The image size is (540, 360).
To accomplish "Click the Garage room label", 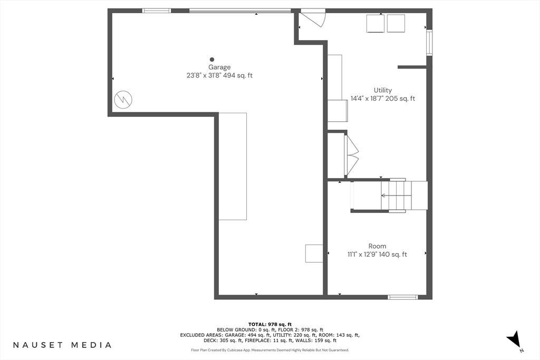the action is click(219, 67).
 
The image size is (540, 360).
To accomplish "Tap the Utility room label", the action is click(383, 90).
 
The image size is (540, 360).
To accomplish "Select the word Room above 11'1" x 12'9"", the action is click(377, 246).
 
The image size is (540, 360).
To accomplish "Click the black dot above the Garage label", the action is click(212, 60).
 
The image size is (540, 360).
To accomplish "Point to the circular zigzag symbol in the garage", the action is click(123, 100).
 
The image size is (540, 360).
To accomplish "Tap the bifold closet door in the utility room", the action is click(351, 155).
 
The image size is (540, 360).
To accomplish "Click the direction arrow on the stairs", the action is click(396, 196).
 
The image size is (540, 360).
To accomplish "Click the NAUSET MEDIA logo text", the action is click(62, 345).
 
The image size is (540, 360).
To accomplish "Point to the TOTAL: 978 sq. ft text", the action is click(270, 324).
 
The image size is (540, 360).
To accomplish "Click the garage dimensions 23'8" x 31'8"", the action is click(204, 75).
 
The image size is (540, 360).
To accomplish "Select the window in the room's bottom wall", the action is click(402, 297).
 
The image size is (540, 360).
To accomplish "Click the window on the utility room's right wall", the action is click(429, 43).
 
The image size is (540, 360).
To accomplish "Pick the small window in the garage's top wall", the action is click(157, 11).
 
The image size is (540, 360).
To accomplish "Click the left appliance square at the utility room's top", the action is click(375, 23).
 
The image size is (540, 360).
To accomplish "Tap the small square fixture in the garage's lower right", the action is click(314, 254).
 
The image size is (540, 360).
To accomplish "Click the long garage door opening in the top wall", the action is click(240, 11).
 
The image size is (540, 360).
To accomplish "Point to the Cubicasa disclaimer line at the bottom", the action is click(270, 350).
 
